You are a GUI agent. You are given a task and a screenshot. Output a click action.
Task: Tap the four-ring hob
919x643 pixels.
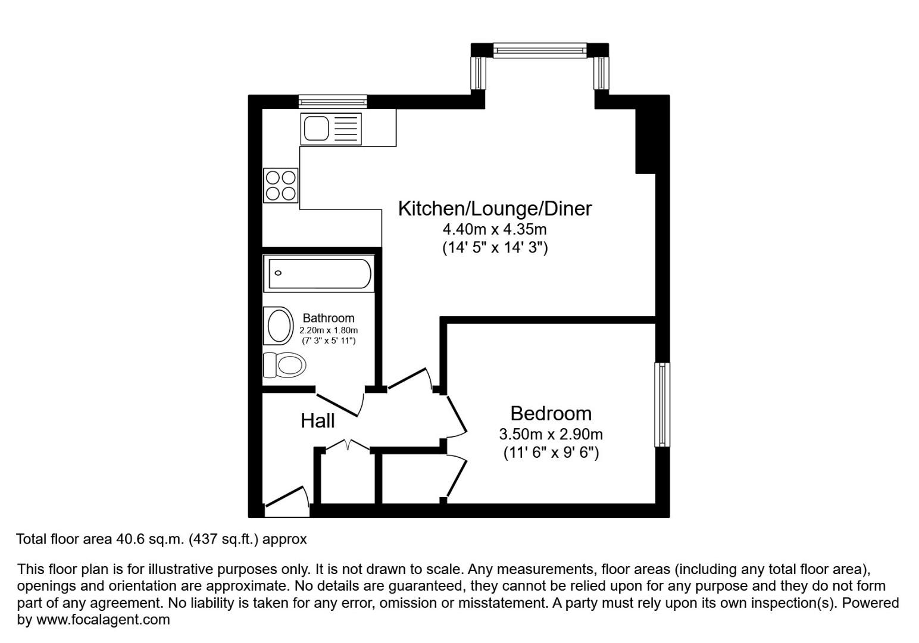(x=281, y=185)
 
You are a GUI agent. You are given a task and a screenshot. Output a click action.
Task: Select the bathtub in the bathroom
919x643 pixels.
(x=320, y=274)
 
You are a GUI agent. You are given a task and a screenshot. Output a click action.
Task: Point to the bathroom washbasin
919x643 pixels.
(x=279, y=326)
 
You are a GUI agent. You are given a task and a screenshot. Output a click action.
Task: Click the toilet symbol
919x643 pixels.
(x=285, y=364)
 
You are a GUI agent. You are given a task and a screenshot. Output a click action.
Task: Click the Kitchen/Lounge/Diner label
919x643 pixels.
(x=495, y=208)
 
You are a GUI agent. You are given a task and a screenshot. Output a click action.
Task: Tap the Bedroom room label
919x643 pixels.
(x=551, y=413)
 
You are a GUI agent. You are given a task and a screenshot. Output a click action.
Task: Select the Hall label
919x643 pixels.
(x=317, y=421)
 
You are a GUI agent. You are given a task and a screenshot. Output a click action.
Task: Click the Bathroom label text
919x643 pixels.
(x=328, y=318)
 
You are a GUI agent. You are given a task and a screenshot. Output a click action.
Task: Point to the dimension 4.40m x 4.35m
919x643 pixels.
(x=494, y=229)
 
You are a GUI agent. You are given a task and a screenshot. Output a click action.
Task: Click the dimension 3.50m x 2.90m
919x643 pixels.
(x=551, y=434)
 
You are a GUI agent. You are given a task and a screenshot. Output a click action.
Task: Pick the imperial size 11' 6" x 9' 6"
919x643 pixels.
(x=551, y=453)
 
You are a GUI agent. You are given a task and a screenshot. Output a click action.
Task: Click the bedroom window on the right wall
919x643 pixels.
(x=662, y=404)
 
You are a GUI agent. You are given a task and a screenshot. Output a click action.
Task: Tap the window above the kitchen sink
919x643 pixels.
(x=333, y=102)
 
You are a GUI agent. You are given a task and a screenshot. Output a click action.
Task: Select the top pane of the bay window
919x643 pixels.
(x=540, y=51)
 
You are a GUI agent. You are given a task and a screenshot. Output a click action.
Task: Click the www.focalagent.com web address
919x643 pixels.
(x=103, y=620)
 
